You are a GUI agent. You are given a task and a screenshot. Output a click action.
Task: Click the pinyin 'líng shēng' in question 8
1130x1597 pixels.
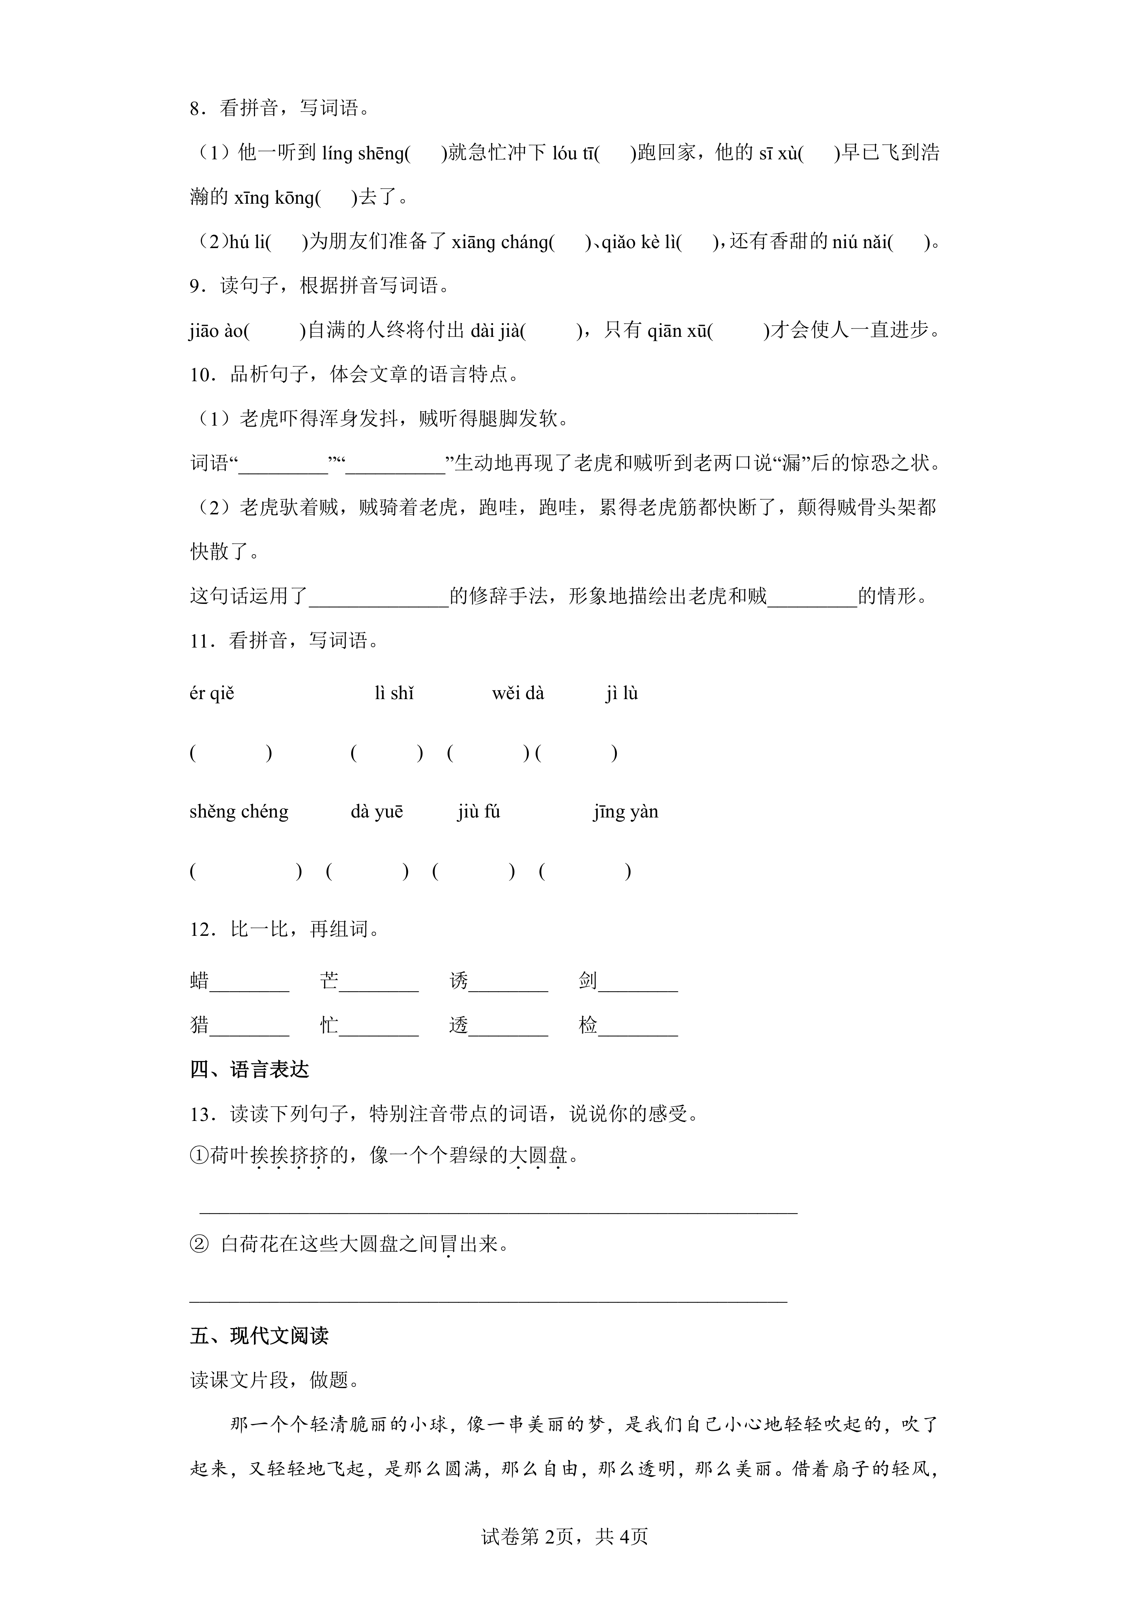pyautogui.click(x=362, y=153)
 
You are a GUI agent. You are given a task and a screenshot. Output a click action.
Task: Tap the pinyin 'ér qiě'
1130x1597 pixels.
pyautogui.click(x=211, y=693)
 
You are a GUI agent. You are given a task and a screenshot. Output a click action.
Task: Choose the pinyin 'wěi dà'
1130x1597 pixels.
pyautogui.click(x=518, y=693)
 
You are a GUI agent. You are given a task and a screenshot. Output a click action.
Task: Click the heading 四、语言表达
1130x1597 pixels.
pyautogui.click(x=249, y=1069)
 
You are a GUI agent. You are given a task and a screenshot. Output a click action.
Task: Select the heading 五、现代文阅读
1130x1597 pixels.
pyautogui.click(x=259, y=1336)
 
